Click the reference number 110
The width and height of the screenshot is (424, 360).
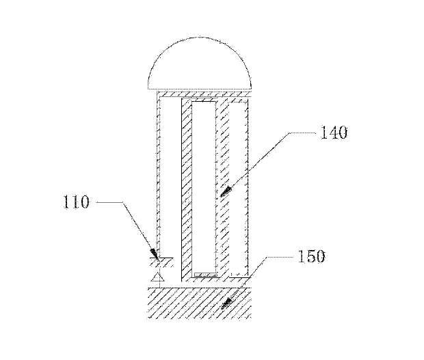click(76, 202)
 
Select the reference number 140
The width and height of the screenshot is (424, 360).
click(334, 133)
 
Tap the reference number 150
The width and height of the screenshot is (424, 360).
click(311, 256)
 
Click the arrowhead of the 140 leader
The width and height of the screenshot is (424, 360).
click(226, 191)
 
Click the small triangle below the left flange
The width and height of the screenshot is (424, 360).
click(158, 278)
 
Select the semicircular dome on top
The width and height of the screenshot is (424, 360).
click(200, 64)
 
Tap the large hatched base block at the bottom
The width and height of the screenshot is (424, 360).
click(200, 303)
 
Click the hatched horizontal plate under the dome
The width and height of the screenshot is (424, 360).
click(204, 94)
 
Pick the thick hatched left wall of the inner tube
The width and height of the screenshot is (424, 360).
click(187, 189)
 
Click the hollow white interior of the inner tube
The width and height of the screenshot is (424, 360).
click(204, 187)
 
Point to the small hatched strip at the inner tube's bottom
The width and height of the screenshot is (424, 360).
click(206, 275)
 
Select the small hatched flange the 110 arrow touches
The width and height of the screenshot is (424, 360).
click(161, 262)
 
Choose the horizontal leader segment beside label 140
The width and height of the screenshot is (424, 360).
click(302, 133)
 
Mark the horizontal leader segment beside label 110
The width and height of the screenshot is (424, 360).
click(110, 202)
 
